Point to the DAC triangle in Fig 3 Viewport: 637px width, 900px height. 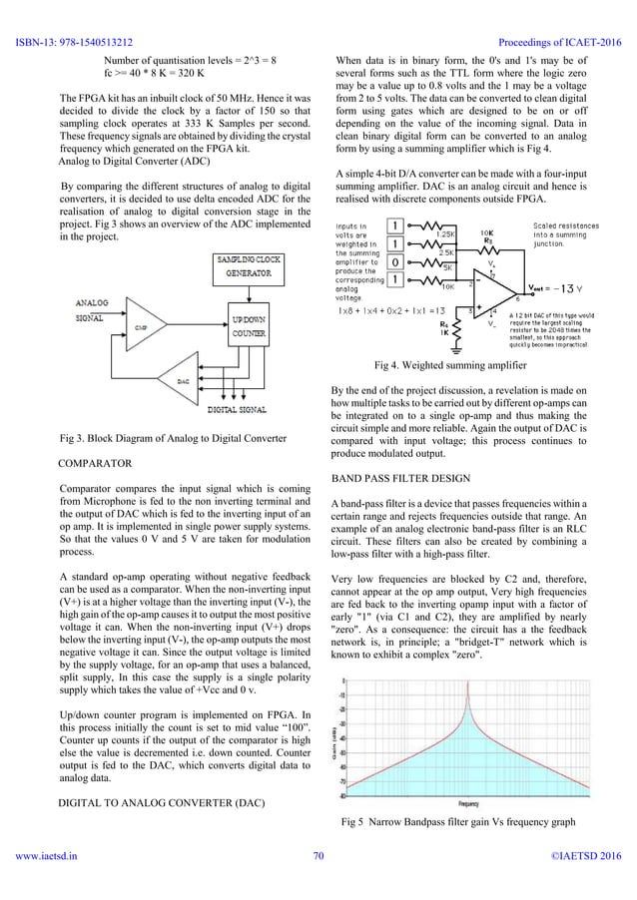182,410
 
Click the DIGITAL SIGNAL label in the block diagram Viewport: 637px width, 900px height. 236,436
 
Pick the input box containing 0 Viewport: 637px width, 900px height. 396,260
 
